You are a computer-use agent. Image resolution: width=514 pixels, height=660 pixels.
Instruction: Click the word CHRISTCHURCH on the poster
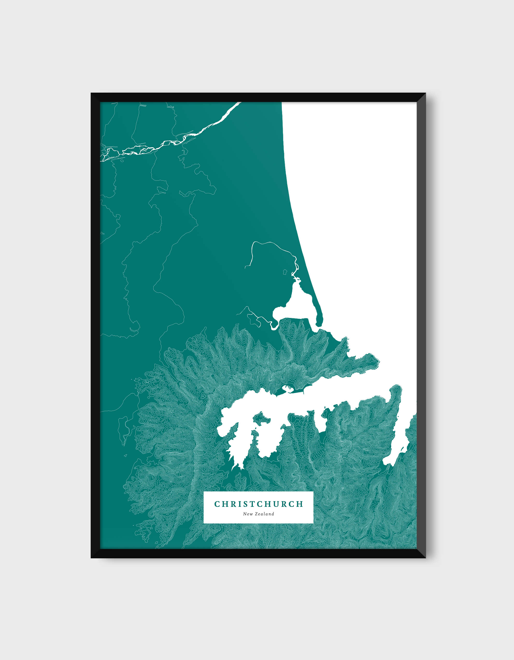pos(258,504)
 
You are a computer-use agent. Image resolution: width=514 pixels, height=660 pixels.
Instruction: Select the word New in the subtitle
pos(248,514)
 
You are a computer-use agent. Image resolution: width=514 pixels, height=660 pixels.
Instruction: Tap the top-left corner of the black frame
pos(91,93)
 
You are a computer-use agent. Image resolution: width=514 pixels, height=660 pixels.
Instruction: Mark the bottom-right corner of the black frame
pos(425,557)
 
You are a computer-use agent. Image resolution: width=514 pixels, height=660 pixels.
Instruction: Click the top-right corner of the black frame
pos(425,93)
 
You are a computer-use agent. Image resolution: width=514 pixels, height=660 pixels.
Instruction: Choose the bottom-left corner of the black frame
pos(91,557)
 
